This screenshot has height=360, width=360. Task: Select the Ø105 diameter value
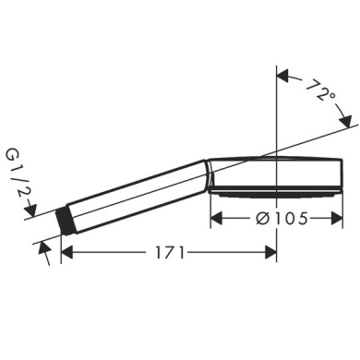274,219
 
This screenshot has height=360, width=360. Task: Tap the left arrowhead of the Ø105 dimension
219,219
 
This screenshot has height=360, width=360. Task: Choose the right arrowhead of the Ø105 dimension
329,219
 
